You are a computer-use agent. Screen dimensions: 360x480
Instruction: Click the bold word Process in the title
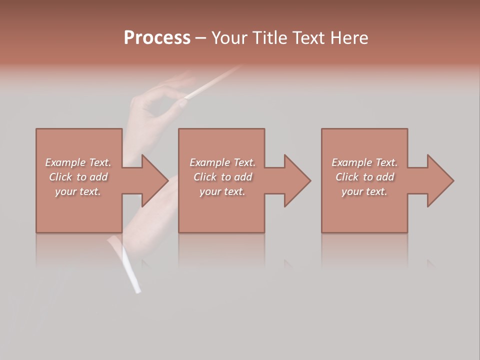[x=157, y=38]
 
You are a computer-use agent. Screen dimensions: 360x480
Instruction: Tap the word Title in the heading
[x=269, y=38]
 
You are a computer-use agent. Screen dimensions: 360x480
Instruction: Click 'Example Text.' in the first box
[x=78, y=162]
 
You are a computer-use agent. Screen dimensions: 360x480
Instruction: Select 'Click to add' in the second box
[x=222, y=177]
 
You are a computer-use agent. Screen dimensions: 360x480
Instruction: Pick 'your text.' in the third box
[x=364, y=191]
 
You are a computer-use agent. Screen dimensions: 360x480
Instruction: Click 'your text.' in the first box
[x=78, y=191]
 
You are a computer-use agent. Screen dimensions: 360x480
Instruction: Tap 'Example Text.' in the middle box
[x=222, y=162]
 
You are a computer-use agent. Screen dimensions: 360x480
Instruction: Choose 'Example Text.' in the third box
[x=364, y=162]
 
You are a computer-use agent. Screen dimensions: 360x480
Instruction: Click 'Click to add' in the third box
[x=364, y=177]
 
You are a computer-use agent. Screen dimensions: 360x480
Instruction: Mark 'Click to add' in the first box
[x=78, y=177]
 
